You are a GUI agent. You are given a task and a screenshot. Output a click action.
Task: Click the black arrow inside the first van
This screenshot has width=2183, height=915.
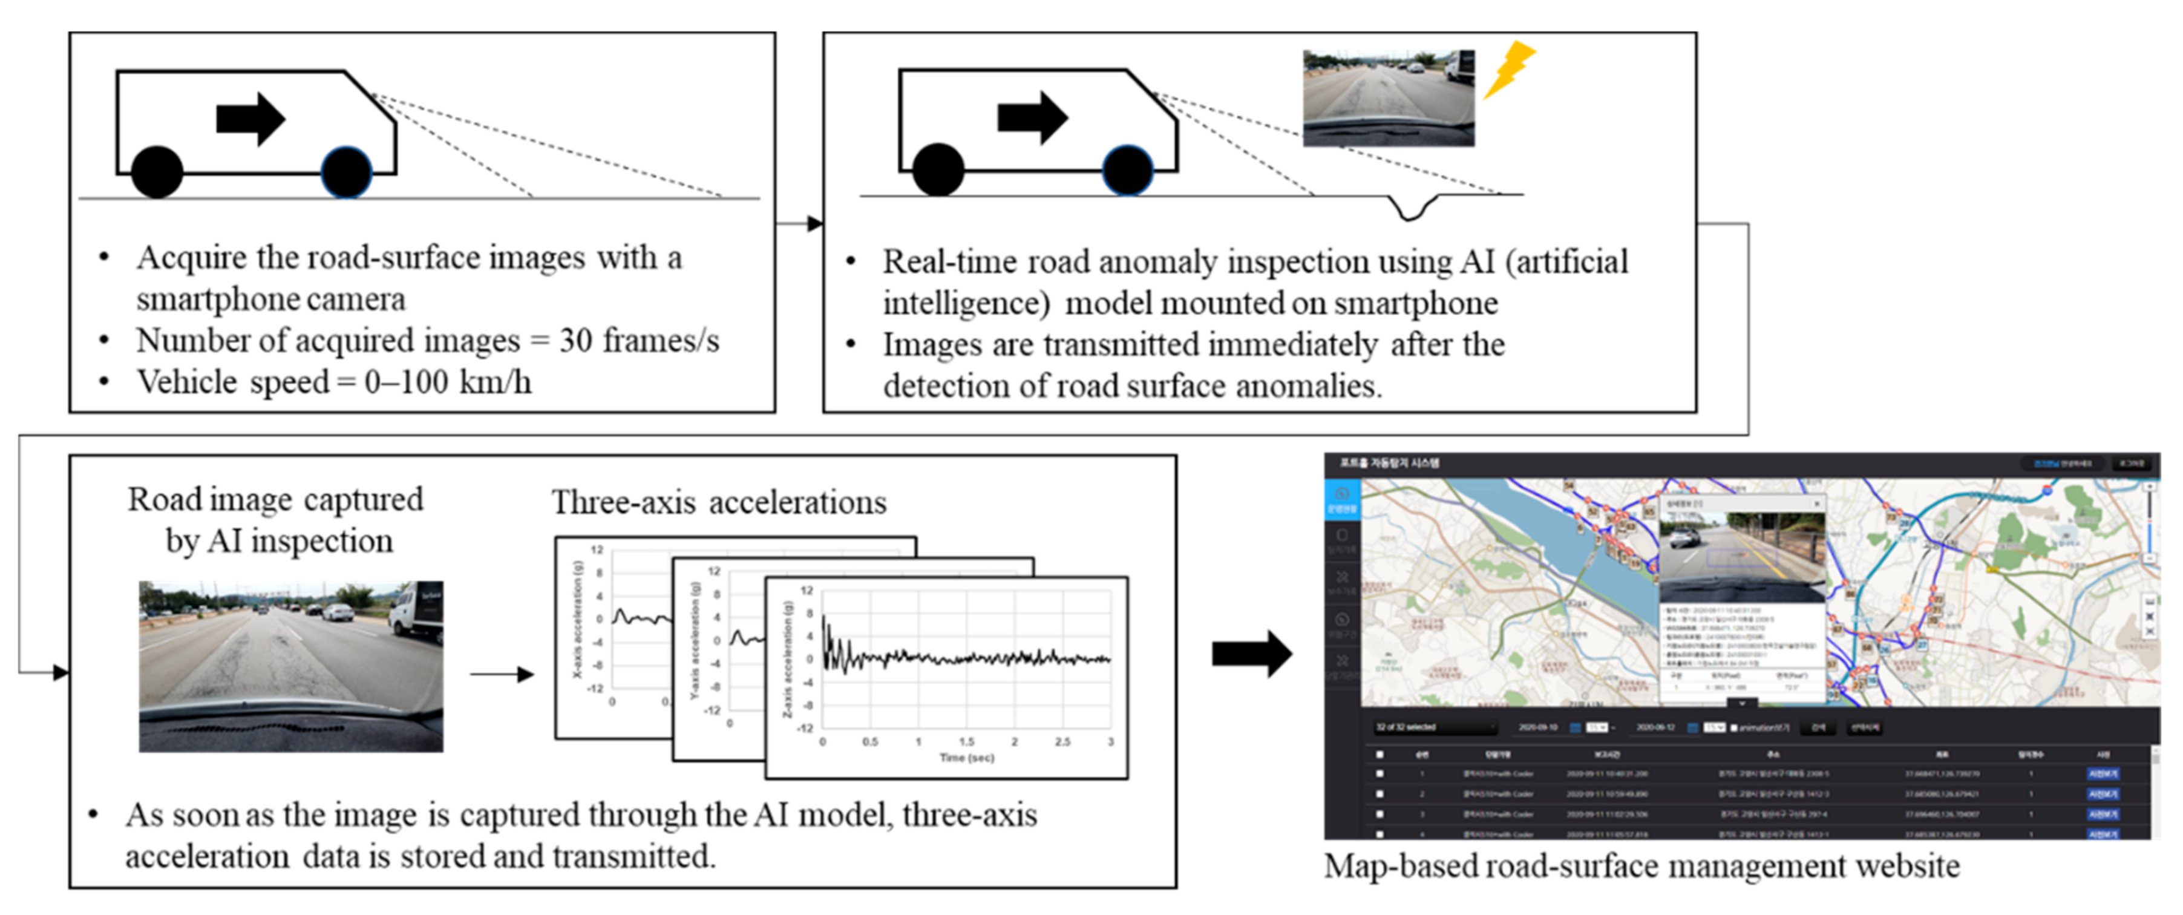pos(250,119)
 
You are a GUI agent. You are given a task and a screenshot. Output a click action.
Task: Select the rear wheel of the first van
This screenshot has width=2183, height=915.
pos(157,172)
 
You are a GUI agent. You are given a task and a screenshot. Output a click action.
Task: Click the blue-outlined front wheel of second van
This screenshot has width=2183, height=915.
pos(1127,170)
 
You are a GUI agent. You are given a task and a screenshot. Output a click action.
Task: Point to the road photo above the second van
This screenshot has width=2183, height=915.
pos(1388,97)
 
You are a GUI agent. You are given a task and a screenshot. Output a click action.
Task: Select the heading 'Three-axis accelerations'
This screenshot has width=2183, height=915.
pos(719,502)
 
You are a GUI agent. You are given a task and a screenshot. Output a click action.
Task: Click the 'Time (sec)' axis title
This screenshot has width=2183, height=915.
pos(966,758)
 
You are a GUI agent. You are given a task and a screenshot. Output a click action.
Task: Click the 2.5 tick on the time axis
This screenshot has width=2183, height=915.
pos(1062,741)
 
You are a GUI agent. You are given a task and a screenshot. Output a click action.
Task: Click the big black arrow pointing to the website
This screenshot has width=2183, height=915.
pos(1251,653)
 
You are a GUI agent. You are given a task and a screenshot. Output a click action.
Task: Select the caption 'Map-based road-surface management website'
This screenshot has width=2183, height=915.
pos(1641,867)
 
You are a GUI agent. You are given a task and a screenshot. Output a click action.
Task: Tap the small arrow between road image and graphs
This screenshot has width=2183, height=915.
pos(502,674)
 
